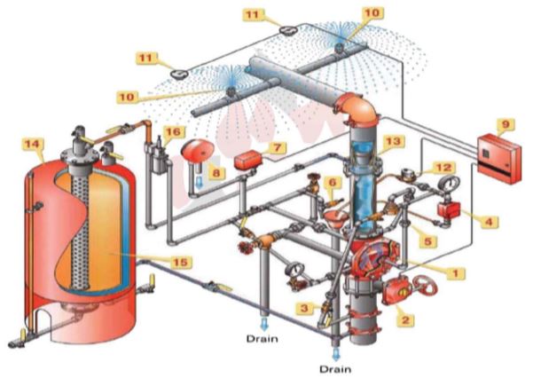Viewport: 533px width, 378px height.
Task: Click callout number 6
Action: pyautogui.click(x=333, y=183)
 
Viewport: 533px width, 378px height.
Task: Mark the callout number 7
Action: pyautogui.click(x=278, y=147)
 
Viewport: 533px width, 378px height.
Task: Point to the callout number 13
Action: pyautogui.click(x=392, y=142)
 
